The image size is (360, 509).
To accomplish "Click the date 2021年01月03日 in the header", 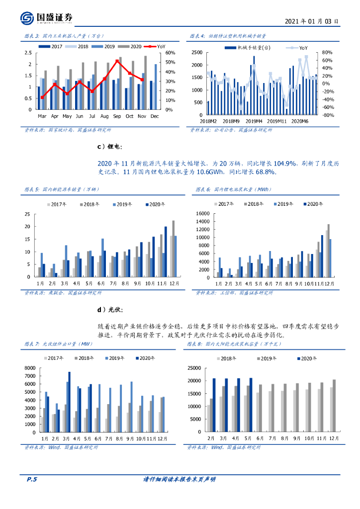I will [312, 21].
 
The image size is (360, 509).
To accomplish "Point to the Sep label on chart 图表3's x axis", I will [117, 116].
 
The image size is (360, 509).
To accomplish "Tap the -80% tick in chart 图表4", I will [327, 115].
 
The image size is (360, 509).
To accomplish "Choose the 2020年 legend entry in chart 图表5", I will [155, 204].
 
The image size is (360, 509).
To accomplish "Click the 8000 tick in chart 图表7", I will [30, 367].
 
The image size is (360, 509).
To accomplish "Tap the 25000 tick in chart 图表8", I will [193, 367].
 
